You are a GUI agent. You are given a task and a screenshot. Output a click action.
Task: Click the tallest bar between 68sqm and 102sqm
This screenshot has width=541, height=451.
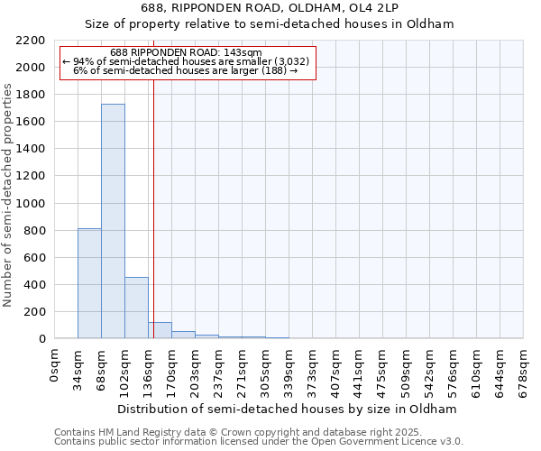113,221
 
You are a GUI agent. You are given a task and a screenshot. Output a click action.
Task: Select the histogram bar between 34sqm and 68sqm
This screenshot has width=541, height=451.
89,283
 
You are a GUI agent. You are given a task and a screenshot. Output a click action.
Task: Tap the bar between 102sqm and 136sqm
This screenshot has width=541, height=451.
136,308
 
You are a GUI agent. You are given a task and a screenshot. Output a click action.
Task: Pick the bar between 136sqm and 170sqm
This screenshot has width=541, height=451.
160,330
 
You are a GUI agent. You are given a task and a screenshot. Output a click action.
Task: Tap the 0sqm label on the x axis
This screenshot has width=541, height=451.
55,365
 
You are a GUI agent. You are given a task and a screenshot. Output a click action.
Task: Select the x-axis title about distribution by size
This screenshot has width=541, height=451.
288,409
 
